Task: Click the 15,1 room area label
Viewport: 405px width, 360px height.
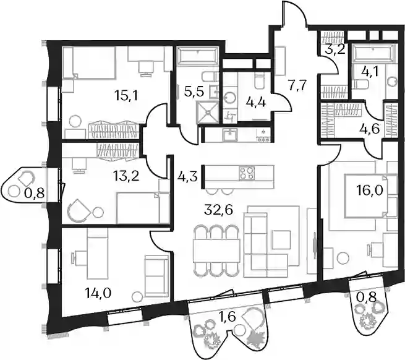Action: pyautogui.click(x=126, y=96)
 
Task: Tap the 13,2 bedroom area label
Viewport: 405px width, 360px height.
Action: pyautogui.click(x=126, y=176)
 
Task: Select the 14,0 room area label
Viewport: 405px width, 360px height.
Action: pyautogui.click(x=98, y=294)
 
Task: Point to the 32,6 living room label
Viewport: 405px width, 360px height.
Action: pyautogui.click(x=218, y=210)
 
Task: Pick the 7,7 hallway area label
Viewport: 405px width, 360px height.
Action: pyautogui.click(x=297, y=85)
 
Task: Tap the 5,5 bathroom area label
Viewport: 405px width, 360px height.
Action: pyautogui.click(x=194, y=91)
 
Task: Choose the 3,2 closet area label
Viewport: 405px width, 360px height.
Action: pyautogui.click(x=335, y=49)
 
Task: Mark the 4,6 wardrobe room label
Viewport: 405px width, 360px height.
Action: pyautogui.click(x=370, y=129)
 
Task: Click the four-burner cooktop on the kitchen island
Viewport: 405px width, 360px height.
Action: pyautogui.click(x=247, y=173)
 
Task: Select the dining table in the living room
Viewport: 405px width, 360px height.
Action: pyautogui.click(x=216, y=251)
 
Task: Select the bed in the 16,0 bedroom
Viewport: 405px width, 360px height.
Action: pyautogui.click(x=370, y=197)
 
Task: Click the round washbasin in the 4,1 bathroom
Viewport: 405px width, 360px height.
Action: pyautogui.click(x=392, y=82)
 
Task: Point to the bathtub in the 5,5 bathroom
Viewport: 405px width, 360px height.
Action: pyautogui.click(x=197, y=56)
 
